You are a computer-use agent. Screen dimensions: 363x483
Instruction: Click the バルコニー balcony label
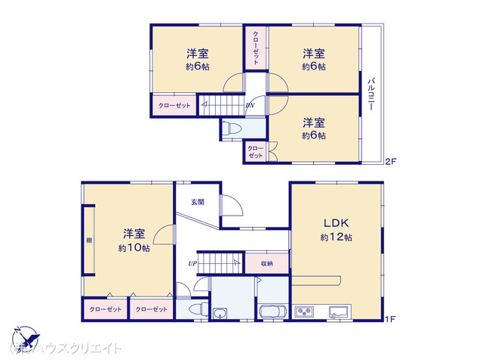click(x=372, y=95)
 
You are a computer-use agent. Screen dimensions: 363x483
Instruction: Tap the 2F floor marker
click(x=390, y=162)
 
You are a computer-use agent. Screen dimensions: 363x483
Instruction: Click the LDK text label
click(x=336, y=223)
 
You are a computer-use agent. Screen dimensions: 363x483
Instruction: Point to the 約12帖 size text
click(x=336, y=237)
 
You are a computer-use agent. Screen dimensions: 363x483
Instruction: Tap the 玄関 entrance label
click(x=197, y=202)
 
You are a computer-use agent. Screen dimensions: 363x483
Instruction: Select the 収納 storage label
click(x=267, y=264)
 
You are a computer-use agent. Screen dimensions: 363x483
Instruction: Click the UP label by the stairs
click(x=193, y=263)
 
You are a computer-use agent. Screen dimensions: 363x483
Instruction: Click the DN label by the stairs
click(x=250, y=106)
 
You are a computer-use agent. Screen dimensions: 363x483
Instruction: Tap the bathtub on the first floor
click(x=272, y=312)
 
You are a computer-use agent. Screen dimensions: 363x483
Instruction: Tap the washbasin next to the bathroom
click(x=221, y=314)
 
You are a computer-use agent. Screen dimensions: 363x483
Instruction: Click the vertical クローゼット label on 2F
click(x=256, y=48)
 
